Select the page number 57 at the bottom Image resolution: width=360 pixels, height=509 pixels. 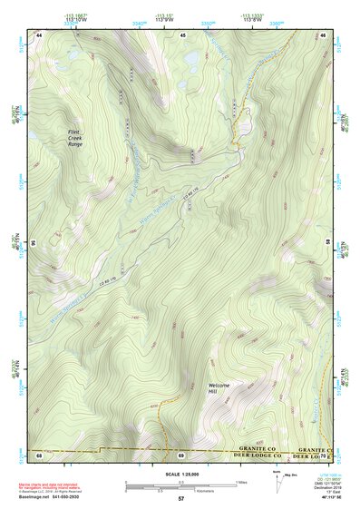pyautogui.click(x=180, y=499)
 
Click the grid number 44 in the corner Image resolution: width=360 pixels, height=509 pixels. pyautogui.click(x=39, y=34)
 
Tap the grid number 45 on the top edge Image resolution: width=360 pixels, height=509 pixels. pyautogui.click(x=182, y=34)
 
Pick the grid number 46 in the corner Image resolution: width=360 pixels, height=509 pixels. pyautogui.click(x=323, y=34)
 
